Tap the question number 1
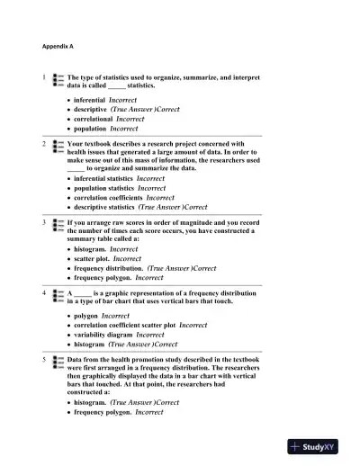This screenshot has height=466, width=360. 45,78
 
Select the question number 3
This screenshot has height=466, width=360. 45,220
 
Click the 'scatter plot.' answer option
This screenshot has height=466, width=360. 93,258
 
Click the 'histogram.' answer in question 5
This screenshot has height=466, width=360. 91,402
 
